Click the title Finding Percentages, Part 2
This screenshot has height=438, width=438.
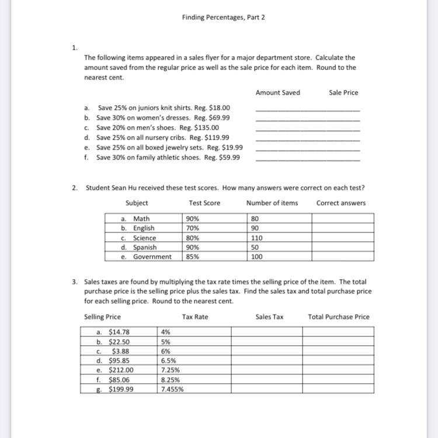pos(223,18)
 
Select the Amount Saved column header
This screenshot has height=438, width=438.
pos(277,92)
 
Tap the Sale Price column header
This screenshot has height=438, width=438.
pos(343,92)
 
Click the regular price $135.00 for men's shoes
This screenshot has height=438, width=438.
pos(207,127)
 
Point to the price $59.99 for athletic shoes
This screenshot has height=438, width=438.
pos(228,157)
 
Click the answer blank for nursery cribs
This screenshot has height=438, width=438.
pos(308,138)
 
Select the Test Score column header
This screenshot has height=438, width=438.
pos(204,203)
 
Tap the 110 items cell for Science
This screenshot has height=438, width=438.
pos(256,238)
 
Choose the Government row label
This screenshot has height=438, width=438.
pos(152,256)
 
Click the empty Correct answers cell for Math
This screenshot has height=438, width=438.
pos(342,219)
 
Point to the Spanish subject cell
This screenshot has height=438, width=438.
pos(144,247)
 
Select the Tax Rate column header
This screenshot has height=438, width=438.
pos(195,317)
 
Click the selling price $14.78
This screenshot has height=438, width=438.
pos(119,332)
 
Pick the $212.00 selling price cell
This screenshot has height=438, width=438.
pos(121,370)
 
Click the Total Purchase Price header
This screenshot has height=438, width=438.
pos(339,317)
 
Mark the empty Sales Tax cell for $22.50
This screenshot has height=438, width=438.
pos(266,342)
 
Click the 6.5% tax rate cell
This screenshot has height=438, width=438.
pos(169,360)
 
